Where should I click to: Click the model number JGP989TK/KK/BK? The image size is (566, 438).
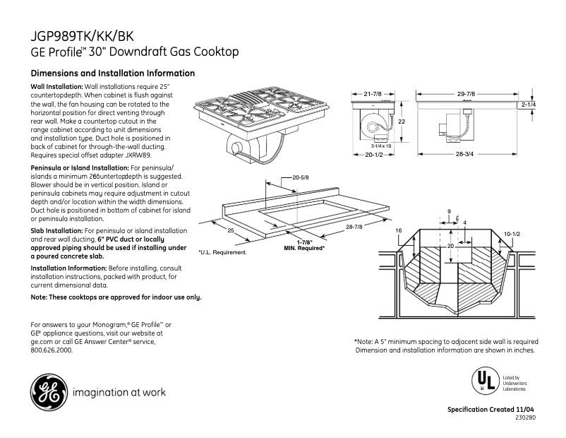pyautogui.click(x=82, y=35)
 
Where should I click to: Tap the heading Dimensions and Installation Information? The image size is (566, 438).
pyautogui.click(x=113, y=73)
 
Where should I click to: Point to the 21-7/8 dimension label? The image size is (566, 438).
pyautogui.click(x=372, y=94)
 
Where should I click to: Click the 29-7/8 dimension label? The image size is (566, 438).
pyautogui.click(x=466, y=94)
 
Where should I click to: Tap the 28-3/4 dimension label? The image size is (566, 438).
pyautogui.click(x=464, y=153)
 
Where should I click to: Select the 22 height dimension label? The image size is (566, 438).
pyautogui.click(x=402, y=122)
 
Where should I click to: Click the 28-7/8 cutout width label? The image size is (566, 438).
pyautogui.click(x=355, y=226)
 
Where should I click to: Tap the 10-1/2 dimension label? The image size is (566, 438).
pyautogui.click(x=512, y=233)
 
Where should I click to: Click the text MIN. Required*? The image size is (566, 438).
pyautogui.click(x=304, y=249)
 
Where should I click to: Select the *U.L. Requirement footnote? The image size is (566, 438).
pyautogui.click(x=222, y=252)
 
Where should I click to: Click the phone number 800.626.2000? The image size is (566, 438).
pyautogui.click(x=52, y=350)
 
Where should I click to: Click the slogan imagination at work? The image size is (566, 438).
pyautogui.click(x=119, y=392)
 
